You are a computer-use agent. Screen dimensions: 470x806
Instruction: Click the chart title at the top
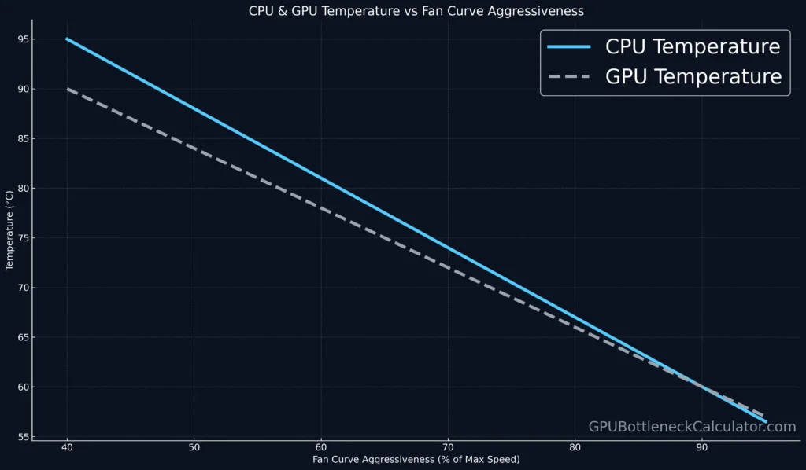403,10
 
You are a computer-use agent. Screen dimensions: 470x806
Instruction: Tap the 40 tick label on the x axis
67,448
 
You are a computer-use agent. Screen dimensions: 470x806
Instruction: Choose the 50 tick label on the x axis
194,448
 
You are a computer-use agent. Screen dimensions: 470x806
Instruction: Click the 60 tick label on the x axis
321,448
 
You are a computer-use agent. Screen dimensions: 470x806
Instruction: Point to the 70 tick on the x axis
448,448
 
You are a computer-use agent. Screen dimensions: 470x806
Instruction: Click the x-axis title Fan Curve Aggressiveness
416,459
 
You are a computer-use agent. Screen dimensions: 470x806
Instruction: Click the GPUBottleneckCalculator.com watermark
692,427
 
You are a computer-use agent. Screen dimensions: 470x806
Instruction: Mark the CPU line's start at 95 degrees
67,39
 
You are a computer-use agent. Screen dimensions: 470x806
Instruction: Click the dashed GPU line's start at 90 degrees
67,89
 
